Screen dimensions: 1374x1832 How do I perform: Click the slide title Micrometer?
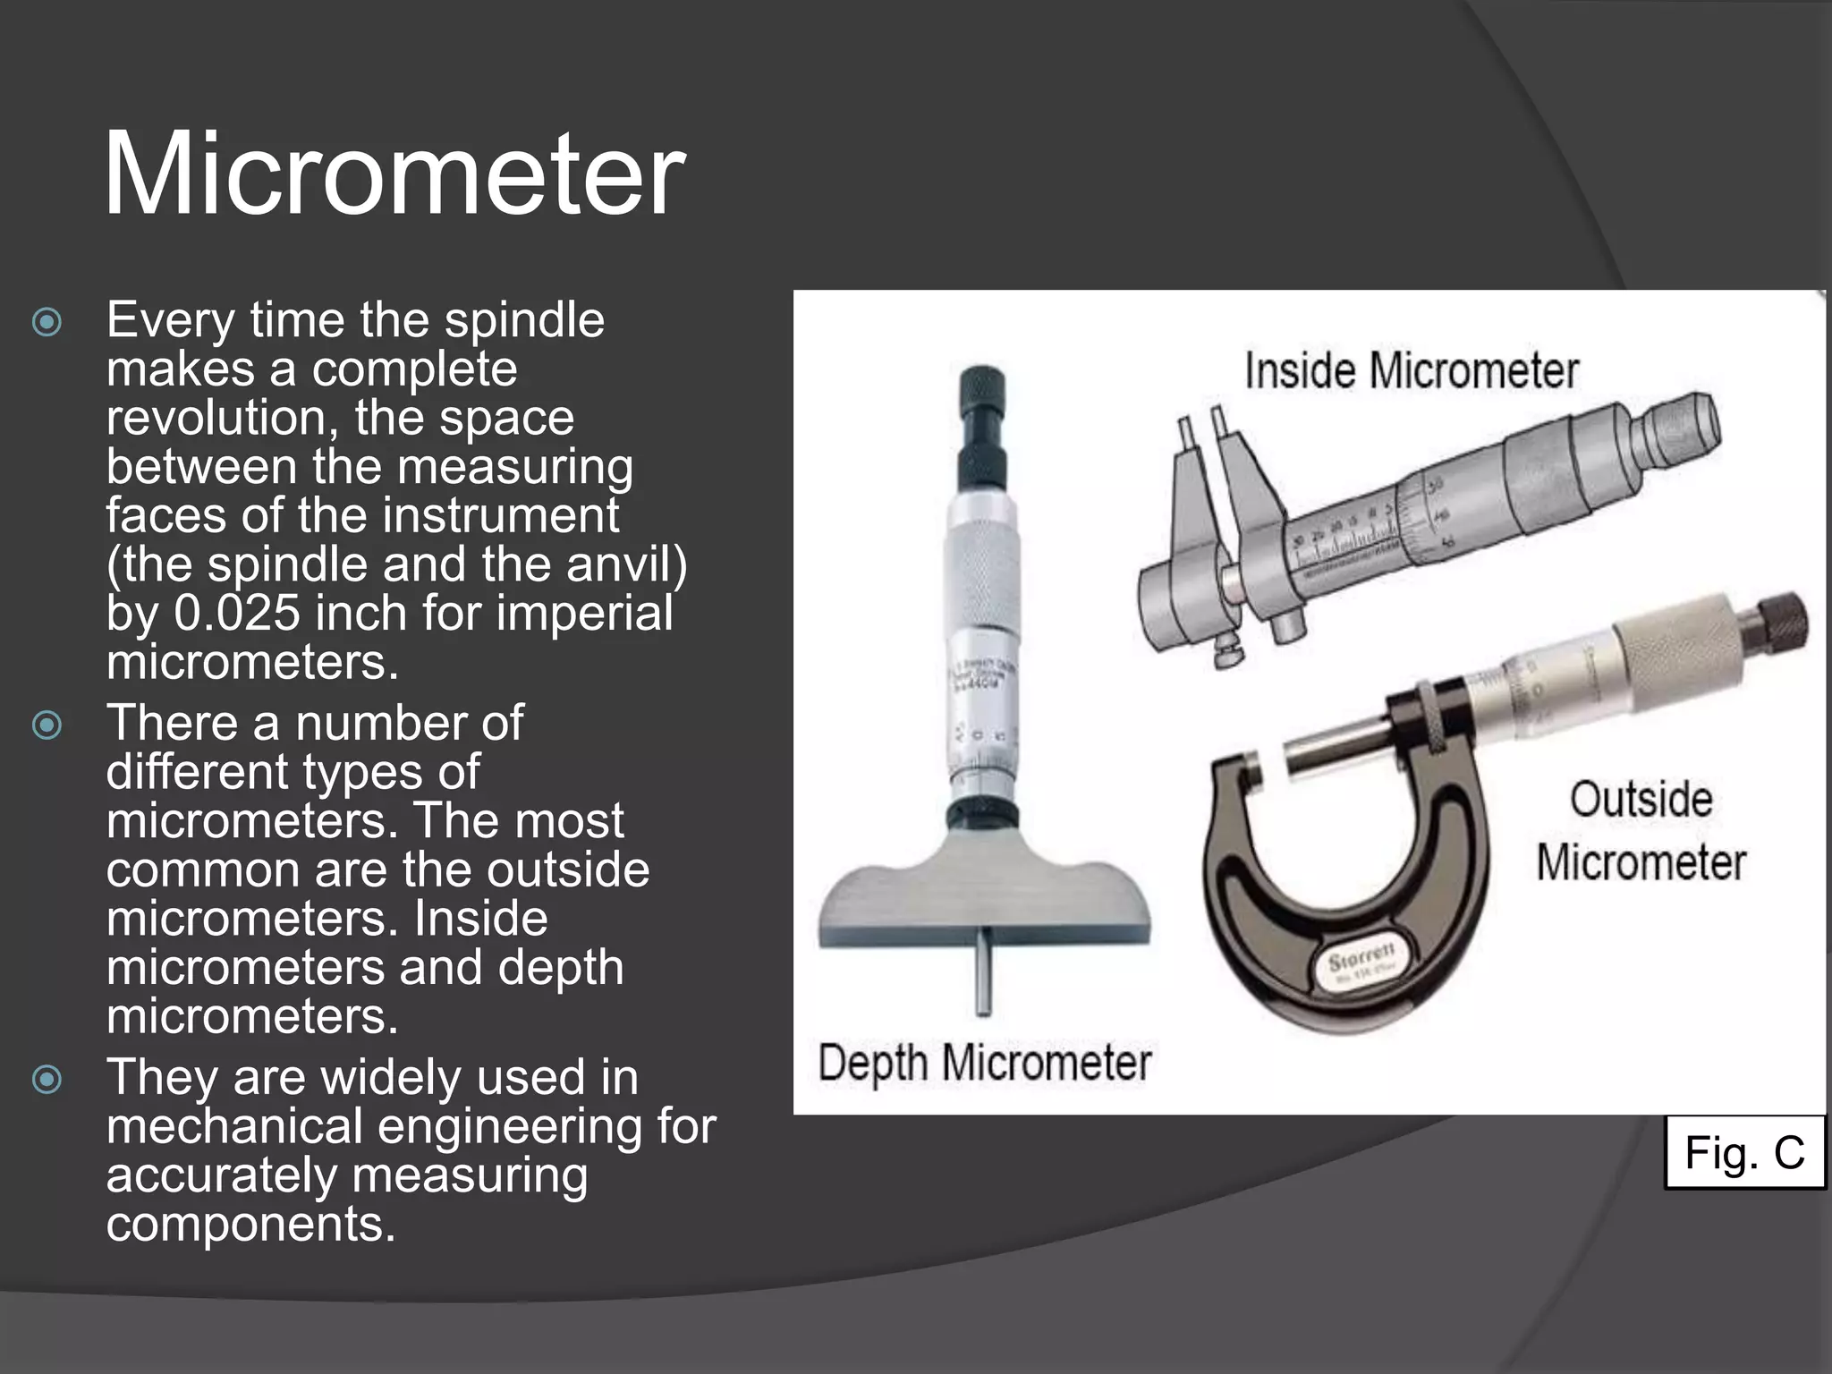394,174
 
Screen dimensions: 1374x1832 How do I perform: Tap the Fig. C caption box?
1743,1152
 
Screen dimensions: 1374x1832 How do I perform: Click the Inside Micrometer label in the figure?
1411,371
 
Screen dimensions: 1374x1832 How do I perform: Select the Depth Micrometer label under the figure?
984,1064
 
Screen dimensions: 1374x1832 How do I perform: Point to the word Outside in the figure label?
1641,800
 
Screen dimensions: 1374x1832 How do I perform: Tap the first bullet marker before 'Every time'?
47,322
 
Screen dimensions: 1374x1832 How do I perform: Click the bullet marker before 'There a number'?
47,725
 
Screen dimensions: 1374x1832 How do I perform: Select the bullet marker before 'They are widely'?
47,1079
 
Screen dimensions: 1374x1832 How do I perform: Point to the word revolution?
221,419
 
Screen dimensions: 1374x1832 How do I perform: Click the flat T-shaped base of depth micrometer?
984,903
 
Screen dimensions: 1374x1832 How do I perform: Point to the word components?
250,1225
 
